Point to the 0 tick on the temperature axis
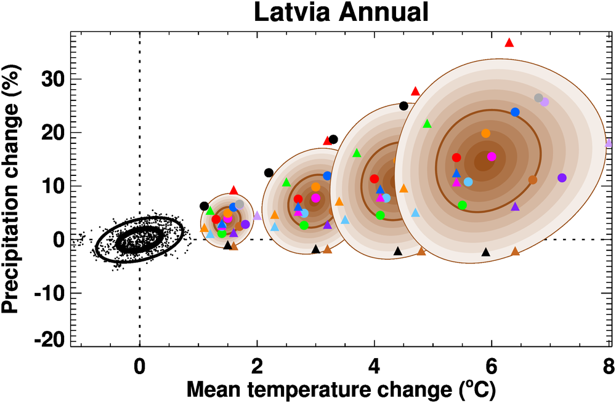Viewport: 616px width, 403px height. [140, 364]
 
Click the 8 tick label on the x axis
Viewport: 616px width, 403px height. [609, 364]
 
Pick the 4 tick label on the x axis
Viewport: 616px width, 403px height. [375, 364]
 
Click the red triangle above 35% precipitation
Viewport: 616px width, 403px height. [509, 42]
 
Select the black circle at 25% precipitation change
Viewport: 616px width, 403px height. [403, 106]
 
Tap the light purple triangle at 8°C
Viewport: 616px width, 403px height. [609, 143]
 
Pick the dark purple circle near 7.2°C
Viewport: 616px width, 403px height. [562, 178]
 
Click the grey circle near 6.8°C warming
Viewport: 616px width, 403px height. [538, 98]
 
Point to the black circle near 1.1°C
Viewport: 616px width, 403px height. [205, 206]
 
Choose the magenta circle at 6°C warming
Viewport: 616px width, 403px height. [492, 156]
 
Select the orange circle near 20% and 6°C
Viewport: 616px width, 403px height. [485, 134]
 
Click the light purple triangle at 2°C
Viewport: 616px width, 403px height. [257, 215]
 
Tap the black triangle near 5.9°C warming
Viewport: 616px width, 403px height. [486, 252]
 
